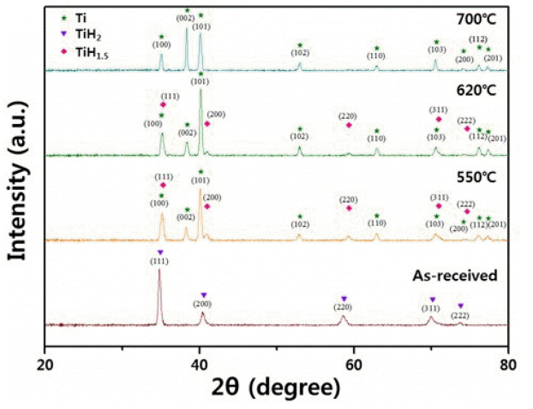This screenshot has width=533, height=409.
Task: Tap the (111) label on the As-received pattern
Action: coord(159,260)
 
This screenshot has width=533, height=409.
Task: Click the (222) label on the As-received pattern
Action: coord(460,315)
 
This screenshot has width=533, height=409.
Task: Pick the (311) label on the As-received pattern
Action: coord(430,308)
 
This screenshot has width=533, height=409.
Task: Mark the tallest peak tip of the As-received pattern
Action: coord(159,270)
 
